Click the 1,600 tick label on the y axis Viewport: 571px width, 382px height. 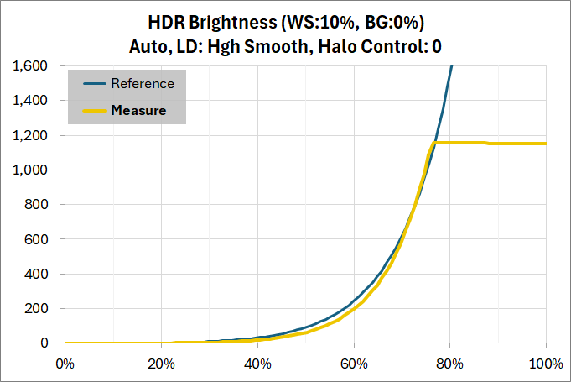tap(36, 66)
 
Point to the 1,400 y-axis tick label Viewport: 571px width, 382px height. tap(36, 101)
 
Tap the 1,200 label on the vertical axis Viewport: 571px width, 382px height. tap(36, 135)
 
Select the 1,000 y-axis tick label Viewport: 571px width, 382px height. tap(36, 170)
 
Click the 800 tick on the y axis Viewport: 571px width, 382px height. tap(43, 205)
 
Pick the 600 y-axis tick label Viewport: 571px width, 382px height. tap(43, 239)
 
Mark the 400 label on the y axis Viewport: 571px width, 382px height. tap(43, 274)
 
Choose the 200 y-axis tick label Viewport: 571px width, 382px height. tap(43, 309)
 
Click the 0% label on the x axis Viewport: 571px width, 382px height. tap(65, 364)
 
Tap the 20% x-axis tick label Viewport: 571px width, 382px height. tap(161, 364)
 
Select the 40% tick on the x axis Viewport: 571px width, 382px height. tap(257, 364)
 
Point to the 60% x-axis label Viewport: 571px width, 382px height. tap(354, 364)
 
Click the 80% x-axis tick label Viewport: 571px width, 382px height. tap(449, 364)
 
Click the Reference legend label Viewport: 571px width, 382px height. tap(143, 84)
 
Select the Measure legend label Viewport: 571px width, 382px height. tap(138, 110)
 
